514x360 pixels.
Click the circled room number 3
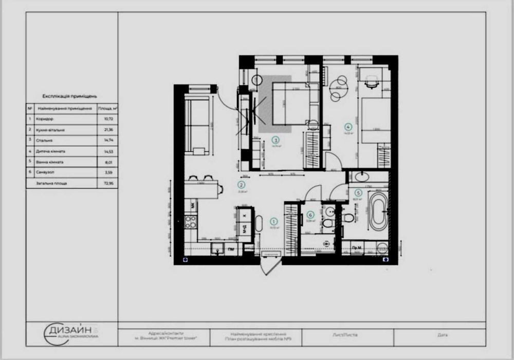coord(276,139)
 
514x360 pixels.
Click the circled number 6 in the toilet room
coord(310,215)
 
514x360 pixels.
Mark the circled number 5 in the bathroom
coord(358,193)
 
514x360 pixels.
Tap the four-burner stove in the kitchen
coord(190,222)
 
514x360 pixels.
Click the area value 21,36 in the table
coord(108,129)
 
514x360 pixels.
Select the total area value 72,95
coord(108,183)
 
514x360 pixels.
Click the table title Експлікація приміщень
coord(70,96)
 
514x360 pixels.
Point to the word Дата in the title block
coord(442,335)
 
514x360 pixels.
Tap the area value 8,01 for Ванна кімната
coord(108,161)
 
